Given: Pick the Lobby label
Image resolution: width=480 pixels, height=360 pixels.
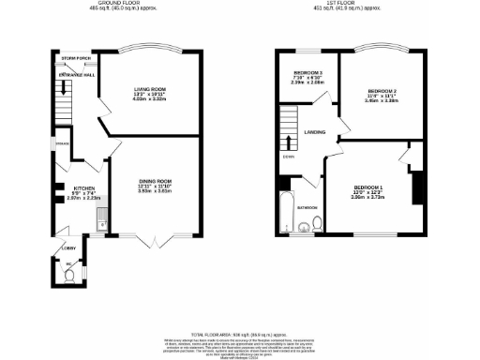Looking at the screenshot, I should [69, 248].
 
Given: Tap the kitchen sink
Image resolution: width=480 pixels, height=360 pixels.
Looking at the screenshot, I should [100, 225].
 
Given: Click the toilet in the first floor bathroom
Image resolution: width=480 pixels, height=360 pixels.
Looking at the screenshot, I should [319, 223].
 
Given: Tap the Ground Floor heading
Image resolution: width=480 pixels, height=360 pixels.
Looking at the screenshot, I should [120, 6].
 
